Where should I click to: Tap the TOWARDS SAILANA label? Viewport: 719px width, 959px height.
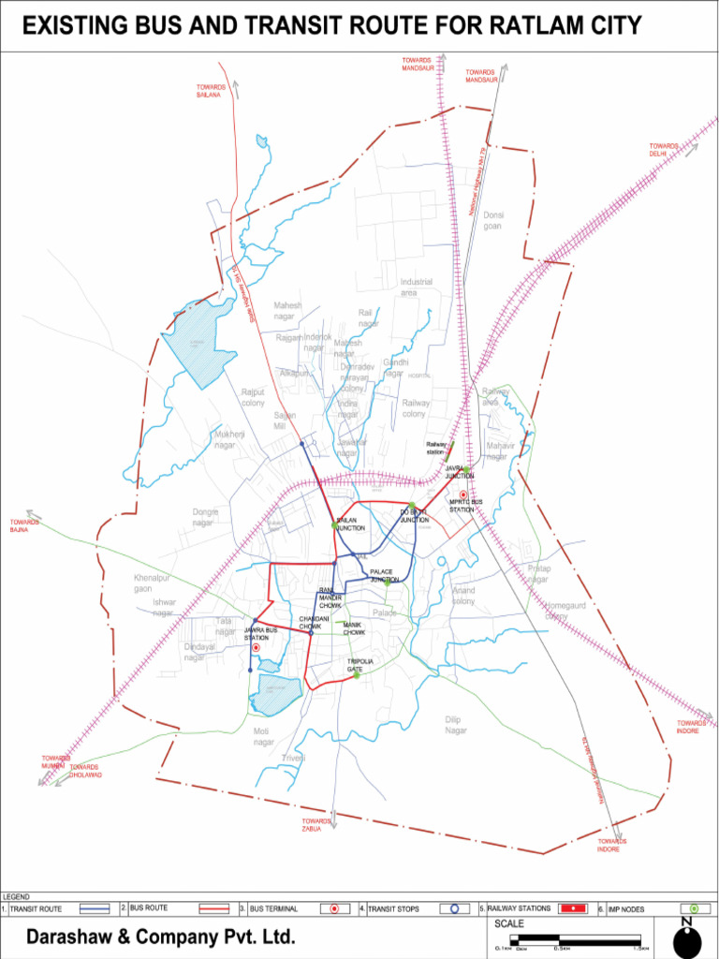(208, 91)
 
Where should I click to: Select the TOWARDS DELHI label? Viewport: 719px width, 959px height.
(664, 150)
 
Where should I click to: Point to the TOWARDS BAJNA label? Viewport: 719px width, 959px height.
(25, 526)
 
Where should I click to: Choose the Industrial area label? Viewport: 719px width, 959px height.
(416, 287)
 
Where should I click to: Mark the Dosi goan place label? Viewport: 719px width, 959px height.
(492, 220)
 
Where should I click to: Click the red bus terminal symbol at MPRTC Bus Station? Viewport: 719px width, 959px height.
(462, 494)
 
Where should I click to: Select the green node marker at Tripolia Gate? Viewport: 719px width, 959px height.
(357, 675)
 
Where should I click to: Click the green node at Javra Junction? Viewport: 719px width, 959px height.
(465, 469)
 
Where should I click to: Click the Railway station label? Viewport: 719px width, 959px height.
(436, 448)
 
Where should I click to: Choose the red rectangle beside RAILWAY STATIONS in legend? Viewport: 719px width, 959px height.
(572, 908)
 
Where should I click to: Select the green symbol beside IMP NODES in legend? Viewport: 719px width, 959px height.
(694, 908)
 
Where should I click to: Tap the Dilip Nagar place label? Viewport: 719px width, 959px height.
(455, 724)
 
